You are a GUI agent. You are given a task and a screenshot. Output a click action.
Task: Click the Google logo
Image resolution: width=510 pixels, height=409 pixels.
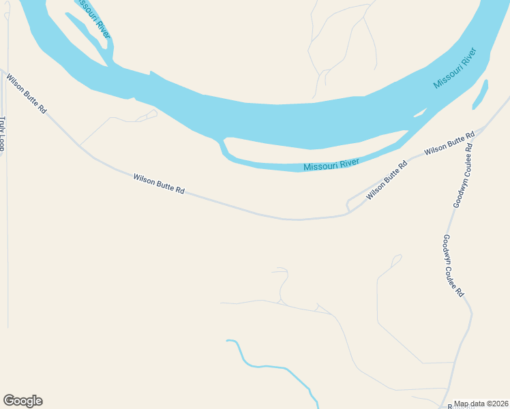[22, 401]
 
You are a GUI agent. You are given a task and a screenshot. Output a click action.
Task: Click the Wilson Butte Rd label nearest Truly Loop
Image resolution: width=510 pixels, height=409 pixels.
[27, 94]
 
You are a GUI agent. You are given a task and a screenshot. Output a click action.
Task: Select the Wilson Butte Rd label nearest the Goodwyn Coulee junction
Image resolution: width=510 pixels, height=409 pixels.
[449, 143]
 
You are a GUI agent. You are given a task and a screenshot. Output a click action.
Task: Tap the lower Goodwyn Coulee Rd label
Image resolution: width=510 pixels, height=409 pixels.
[453, 265]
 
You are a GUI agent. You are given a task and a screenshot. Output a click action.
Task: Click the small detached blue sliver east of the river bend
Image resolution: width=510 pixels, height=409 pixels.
[480, 94]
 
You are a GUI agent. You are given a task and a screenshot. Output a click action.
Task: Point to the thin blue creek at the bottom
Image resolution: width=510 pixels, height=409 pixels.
[273, 367]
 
